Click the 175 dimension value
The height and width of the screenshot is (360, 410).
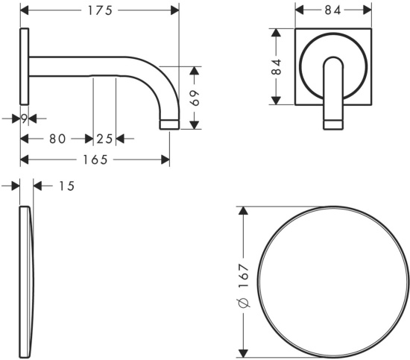coord(100,10)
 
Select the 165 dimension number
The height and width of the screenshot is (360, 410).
coord(95,160)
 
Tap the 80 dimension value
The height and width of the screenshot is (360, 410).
coord(57,139)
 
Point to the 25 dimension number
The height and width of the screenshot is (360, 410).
coord(104,139)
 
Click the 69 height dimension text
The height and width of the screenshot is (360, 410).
coord(195,98)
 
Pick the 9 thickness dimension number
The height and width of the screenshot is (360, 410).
coord(25,119)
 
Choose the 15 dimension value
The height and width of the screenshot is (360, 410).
coord(66,186)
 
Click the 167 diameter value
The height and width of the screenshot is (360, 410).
coord(243,276)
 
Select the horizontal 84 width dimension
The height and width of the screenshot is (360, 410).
coord(333,10)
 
